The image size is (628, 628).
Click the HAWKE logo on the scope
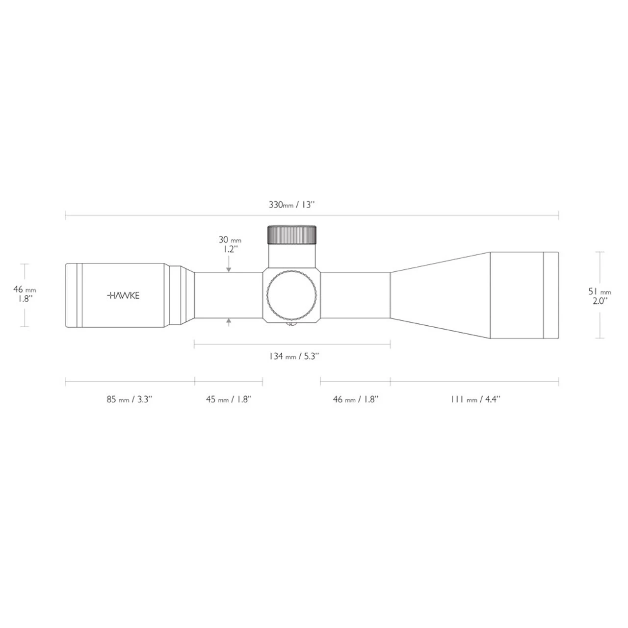[x=123, y=295]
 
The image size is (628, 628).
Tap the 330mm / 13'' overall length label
[x=291, y=205]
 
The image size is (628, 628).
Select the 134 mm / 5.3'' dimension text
[x=293, y=356]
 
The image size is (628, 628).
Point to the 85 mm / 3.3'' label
[x=130, y=399]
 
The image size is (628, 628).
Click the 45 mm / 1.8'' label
[x=229, y=399]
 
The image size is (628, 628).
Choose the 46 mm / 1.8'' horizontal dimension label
[x=356, y=399]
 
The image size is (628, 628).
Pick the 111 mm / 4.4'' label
[x=475, y=399]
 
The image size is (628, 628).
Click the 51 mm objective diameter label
[x=600, y=291]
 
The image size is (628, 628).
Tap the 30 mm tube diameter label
[x=230, y=240]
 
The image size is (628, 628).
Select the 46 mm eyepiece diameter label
[x=25, y=289]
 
